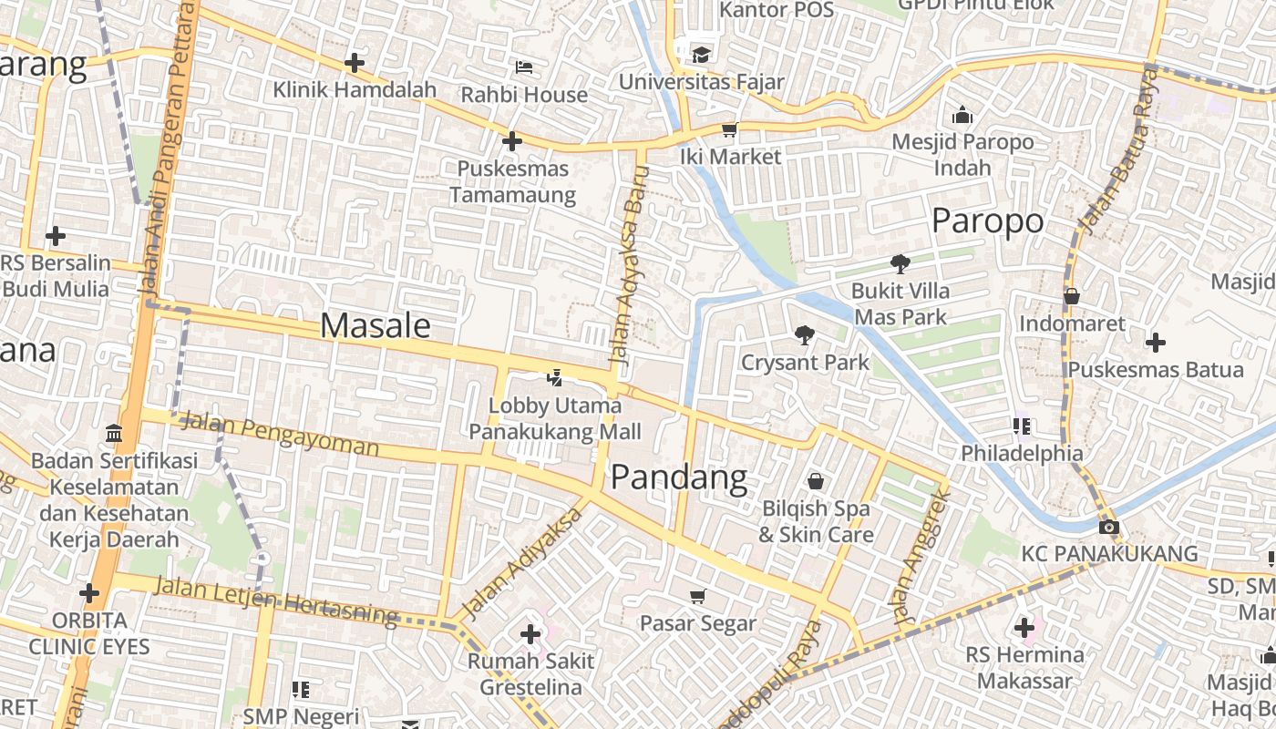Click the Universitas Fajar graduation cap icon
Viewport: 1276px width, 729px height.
(x=700, y=54)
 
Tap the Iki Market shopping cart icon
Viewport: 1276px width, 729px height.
(x=729, y=129)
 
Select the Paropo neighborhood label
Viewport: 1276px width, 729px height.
(x=988, y=221)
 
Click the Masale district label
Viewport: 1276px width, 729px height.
(x=376, y=325)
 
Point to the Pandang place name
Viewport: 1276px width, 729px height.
(x=679, y=477)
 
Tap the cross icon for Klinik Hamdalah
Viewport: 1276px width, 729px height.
(x=355, y=63)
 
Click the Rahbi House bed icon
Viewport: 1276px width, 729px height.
(x=524, y=67)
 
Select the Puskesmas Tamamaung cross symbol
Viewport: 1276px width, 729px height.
(x=512, y=141)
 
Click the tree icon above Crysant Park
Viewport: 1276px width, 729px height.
(x=804, y=335)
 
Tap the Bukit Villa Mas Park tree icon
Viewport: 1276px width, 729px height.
(x=900, y=264)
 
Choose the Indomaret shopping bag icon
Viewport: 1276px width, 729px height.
(x=1072, y=296)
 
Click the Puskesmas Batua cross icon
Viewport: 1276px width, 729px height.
(x=1156, y=343)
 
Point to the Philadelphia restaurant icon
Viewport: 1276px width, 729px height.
(x=1022, y=426)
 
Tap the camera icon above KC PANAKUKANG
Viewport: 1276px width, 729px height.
(x=1109, y=527)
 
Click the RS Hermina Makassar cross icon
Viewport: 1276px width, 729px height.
(x=1024, y=627)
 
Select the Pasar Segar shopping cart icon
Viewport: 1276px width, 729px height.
(x=698, y=596)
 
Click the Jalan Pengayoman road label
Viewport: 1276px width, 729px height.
(x=279, y=434)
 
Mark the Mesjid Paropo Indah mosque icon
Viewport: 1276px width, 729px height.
(x=962, y=115)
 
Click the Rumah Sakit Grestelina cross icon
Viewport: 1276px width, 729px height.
(x=530, y=633)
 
